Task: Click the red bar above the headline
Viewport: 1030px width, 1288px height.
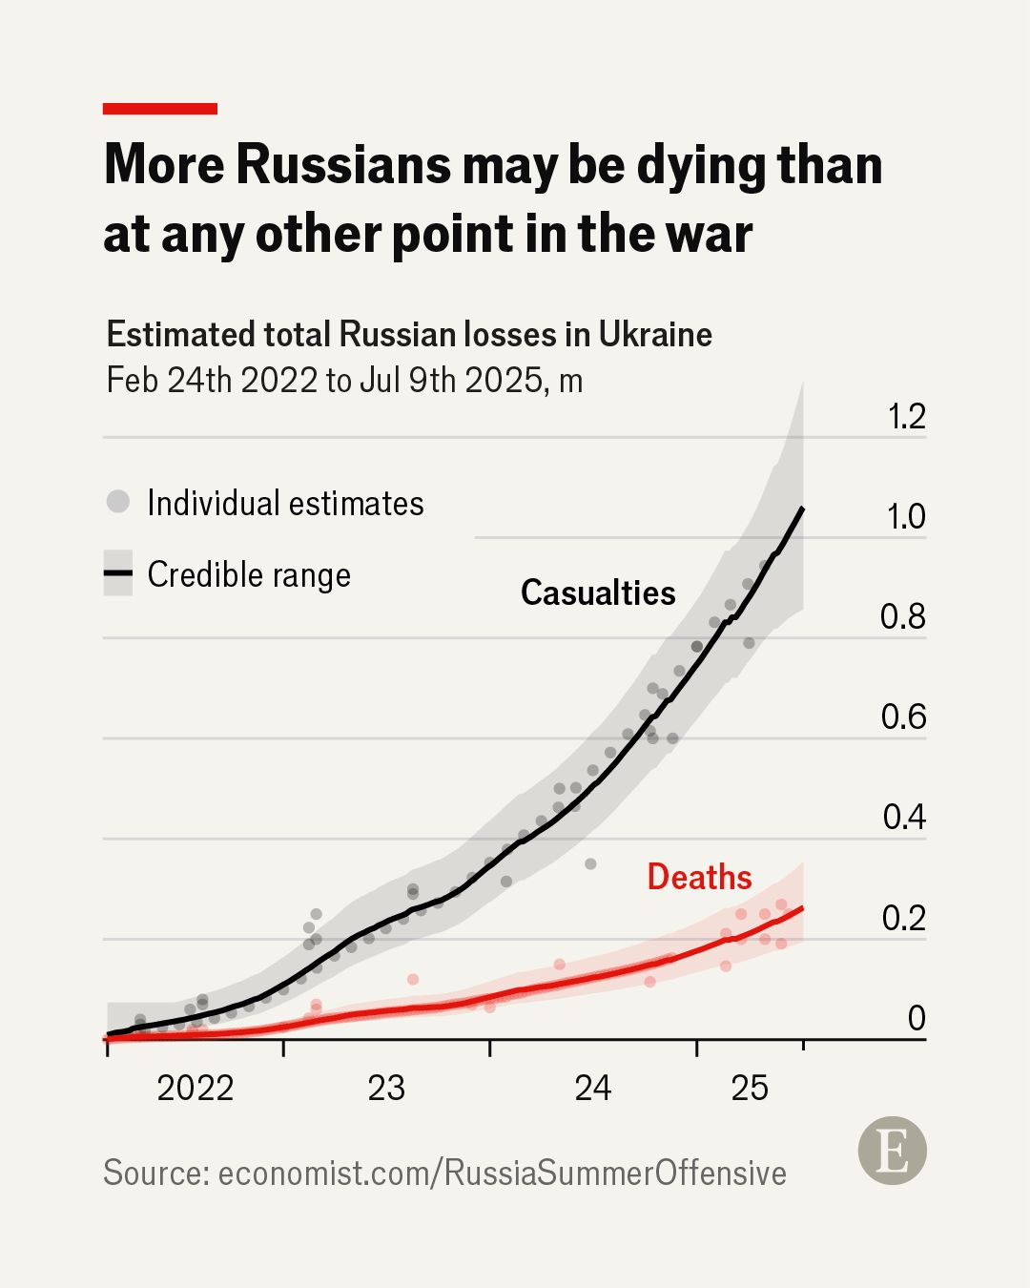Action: [159, 109]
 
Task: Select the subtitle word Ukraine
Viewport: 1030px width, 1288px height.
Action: [655, 335]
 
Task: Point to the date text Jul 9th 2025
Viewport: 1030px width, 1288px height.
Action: [451, 380]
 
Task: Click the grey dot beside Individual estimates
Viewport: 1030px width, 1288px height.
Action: [118, 502]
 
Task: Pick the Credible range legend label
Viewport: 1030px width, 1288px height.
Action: [249, 574]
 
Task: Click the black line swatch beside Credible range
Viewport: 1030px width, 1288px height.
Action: [118, 573]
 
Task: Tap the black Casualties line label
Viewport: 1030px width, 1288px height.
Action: [598, 592]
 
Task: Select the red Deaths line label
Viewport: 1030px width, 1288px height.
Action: [699, 877]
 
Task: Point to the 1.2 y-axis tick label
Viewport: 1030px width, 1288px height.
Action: [905, 417]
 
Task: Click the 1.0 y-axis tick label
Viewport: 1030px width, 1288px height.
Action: [905, 517]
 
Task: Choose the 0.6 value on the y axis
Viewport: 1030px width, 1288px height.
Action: [903, 717]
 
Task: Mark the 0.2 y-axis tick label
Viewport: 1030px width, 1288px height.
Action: [903, 918]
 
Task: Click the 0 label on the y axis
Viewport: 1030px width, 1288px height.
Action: [916, 1018]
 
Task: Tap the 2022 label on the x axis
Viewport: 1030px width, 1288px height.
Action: [195, 1088]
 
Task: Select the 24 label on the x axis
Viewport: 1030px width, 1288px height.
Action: [592, 1088]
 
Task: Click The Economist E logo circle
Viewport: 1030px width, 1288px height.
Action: [892, 1152]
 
